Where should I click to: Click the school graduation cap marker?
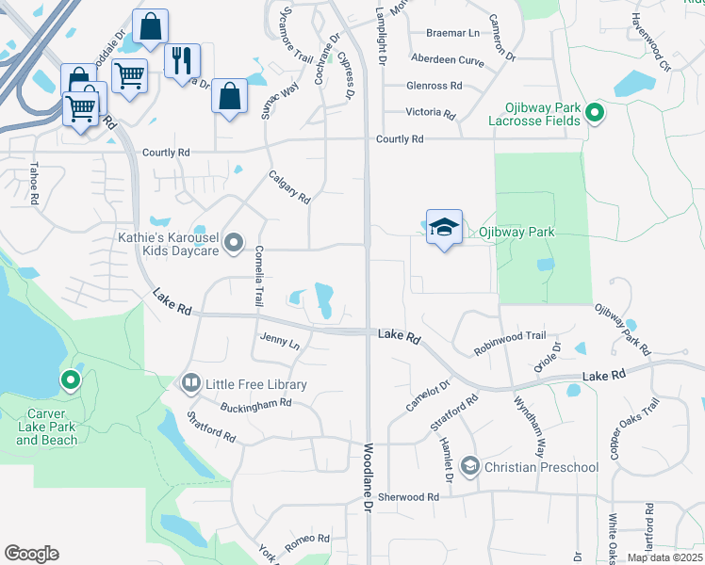coord(445,228)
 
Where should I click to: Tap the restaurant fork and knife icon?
coord(183,59)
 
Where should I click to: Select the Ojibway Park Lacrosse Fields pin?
coord(594,114)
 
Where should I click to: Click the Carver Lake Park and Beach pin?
coord(70,381)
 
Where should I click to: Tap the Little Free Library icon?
coord(190,383)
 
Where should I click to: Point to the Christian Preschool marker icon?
coord(469,466)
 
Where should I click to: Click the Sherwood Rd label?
coord(408,496)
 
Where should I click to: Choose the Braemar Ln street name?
coord(452,33)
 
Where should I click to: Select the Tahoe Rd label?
coord(34,185)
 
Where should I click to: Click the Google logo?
coord(31,554)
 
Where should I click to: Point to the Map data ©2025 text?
coord(665,557)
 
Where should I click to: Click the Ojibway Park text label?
coord(516,232)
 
